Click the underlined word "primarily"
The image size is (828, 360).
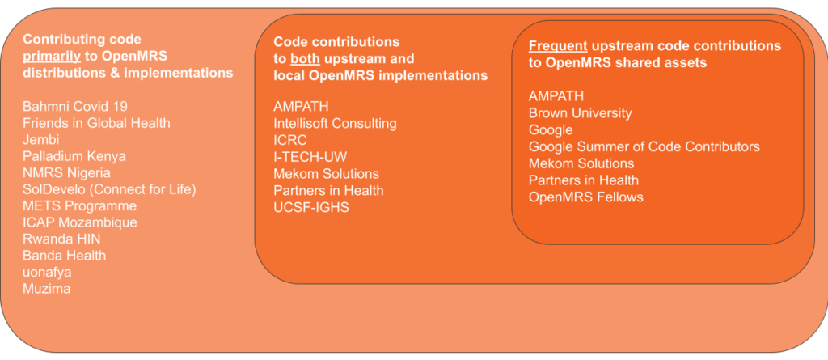(x=52, y=57)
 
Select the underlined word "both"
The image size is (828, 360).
(x=305, y=59)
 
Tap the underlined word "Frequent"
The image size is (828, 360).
(x=558, y=46)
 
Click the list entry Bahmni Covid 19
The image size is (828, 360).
(x=75, y=106)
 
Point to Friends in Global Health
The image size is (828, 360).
(x=96, y=123)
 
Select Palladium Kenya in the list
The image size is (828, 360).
(x=74, y=156)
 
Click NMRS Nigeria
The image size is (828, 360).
(x=66, y=173)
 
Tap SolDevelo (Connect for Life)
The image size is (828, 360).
(x=109, y=189)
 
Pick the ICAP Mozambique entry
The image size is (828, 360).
(x=80, y=222)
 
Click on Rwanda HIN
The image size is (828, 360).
(x=61, y=239)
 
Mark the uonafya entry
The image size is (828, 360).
(x=47, y=273)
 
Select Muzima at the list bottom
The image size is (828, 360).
(x=46, y=289)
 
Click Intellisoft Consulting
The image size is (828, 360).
(x=335, y=124)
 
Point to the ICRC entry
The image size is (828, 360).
(x=290, y=140)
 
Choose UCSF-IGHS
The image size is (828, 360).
(x=311, y=207)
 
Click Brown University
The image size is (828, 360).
(x=580, y=113)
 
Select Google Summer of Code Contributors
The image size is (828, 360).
(x=644, y=146)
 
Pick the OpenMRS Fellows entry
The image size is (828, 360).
(x=586, y=197)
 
